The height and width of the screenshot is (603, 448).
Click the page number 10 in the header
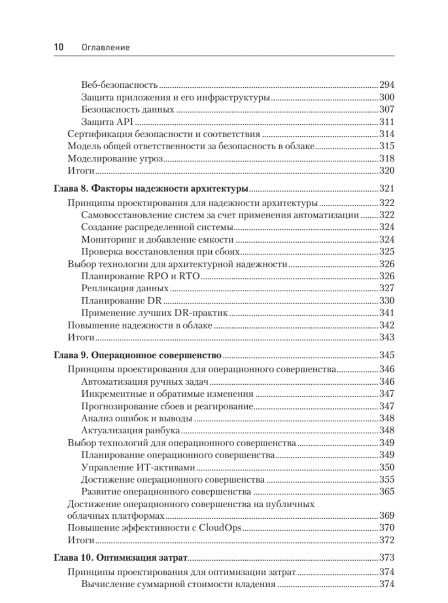point(59,47)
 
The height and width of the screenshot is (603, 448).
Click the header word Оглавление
point(105,47)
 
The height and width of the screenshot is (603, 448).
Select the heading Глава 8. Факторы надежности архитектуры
point(151,189)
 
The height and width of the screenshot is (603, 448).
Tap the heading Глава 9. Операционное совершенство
point(138,355)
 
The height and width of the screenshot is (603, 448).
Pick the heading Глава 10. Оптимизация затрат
point(121,558)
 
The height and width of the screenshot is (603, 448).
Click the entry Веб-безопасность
point(119,85)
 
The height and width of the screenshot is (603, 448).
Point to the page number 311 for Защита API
point(386,122)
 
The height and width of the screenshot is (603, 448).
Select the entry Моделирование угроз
point(116,159)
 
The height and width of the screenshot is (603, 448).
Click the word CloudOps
point(220,528)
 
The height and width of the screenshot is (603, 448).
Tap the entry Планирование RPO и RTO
point(140,276)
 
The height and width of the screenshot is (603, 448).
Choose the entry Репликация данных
point(125,288)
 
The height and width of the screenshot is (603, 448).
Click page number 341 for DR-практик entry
point(386,313)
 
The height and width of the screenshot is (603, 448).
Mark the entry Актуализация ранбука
point(131,430)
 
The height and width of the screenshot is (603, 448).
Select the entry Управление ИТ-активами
point(138,467)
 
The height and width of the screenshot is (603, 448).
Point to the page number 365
point(386,491)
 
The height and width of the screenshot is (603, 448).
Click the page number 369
point(386,516)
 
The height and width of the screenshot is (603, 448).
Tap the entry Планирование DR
point(122,301)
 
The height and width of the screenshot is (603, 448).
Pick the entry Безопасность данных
point(128,109)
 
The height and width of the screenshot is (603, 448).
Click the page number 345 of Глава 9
point(386,355)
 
